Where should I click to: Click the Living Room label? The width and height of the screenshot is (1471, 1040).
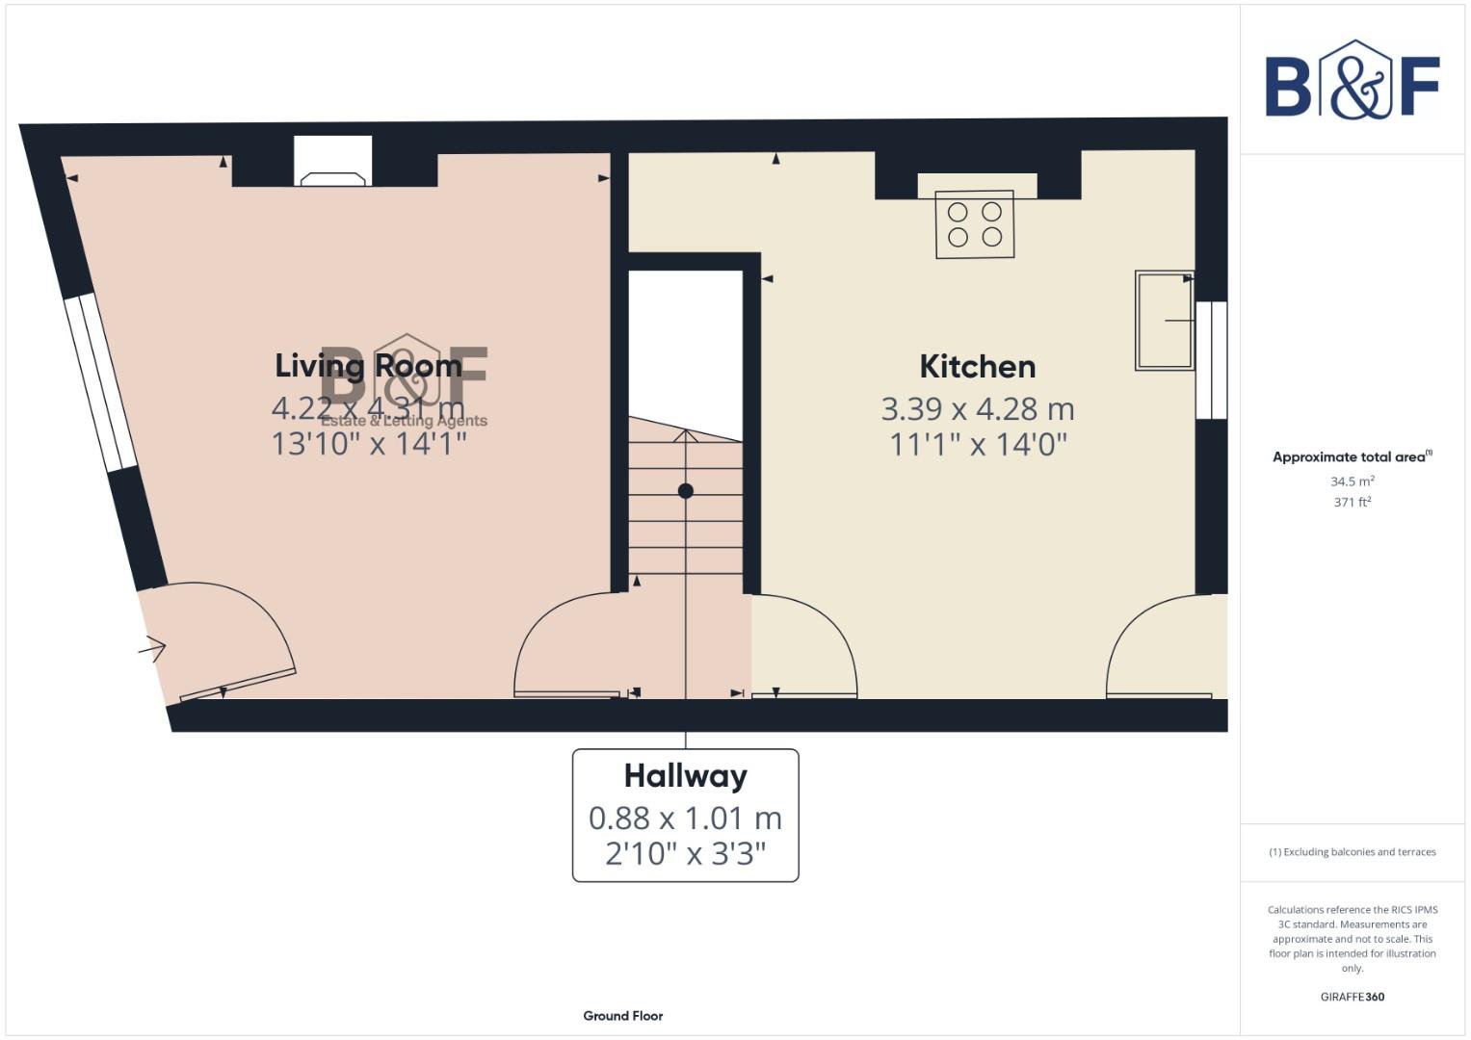[368, 366]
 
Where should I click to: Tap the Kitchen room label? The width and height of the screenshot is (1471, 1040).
[977, 367]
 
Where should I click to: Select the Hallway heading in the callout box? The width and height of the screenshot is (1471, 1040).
[685, 776]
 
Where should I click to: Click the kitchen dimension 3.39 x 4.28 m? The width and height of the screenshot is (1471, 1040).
[977, 409]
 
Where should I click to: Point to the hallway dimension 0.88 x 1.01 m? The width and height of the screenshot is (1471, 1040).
[685, 819]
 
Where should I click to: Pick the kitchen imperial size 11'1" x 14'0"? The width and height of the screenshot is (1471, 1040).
[977, 445]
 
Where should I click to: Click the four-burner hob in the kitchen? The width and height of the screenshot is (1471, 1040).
[974, 224]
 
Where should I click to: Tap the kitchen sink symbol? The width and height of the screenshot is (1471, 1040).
[1165, 321]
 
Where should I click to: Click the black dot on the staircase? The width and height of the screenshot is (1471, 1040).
[686, 491]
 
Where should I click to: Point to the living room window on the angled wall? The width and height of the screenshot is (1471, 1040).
[101, 382]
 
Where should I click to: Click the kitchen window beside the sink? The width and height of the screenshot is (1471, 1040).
[1211, 360]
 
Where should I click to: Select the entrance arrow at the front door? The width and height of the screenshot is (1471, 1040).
[152, 650]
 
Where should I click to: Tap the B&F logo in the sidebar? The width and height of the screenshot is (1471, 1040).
[1352, 80]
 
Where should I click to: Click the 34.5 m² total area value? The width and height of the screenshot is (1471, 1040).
[1352, 481]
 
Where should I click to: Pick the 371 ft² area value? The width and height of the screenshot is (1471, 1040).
[1352, 503]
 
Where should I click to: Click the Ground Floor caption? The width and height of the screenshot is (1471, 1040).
[622, 1016]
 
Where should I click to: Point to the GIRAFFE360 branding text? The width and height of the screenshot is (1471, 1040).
[1352, 998]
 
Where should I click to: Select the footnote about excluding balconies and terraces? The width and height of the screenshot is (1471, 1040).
[1352, 852]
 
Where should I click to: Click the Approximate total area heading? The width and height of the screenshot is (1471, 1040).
[1351, 457]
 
